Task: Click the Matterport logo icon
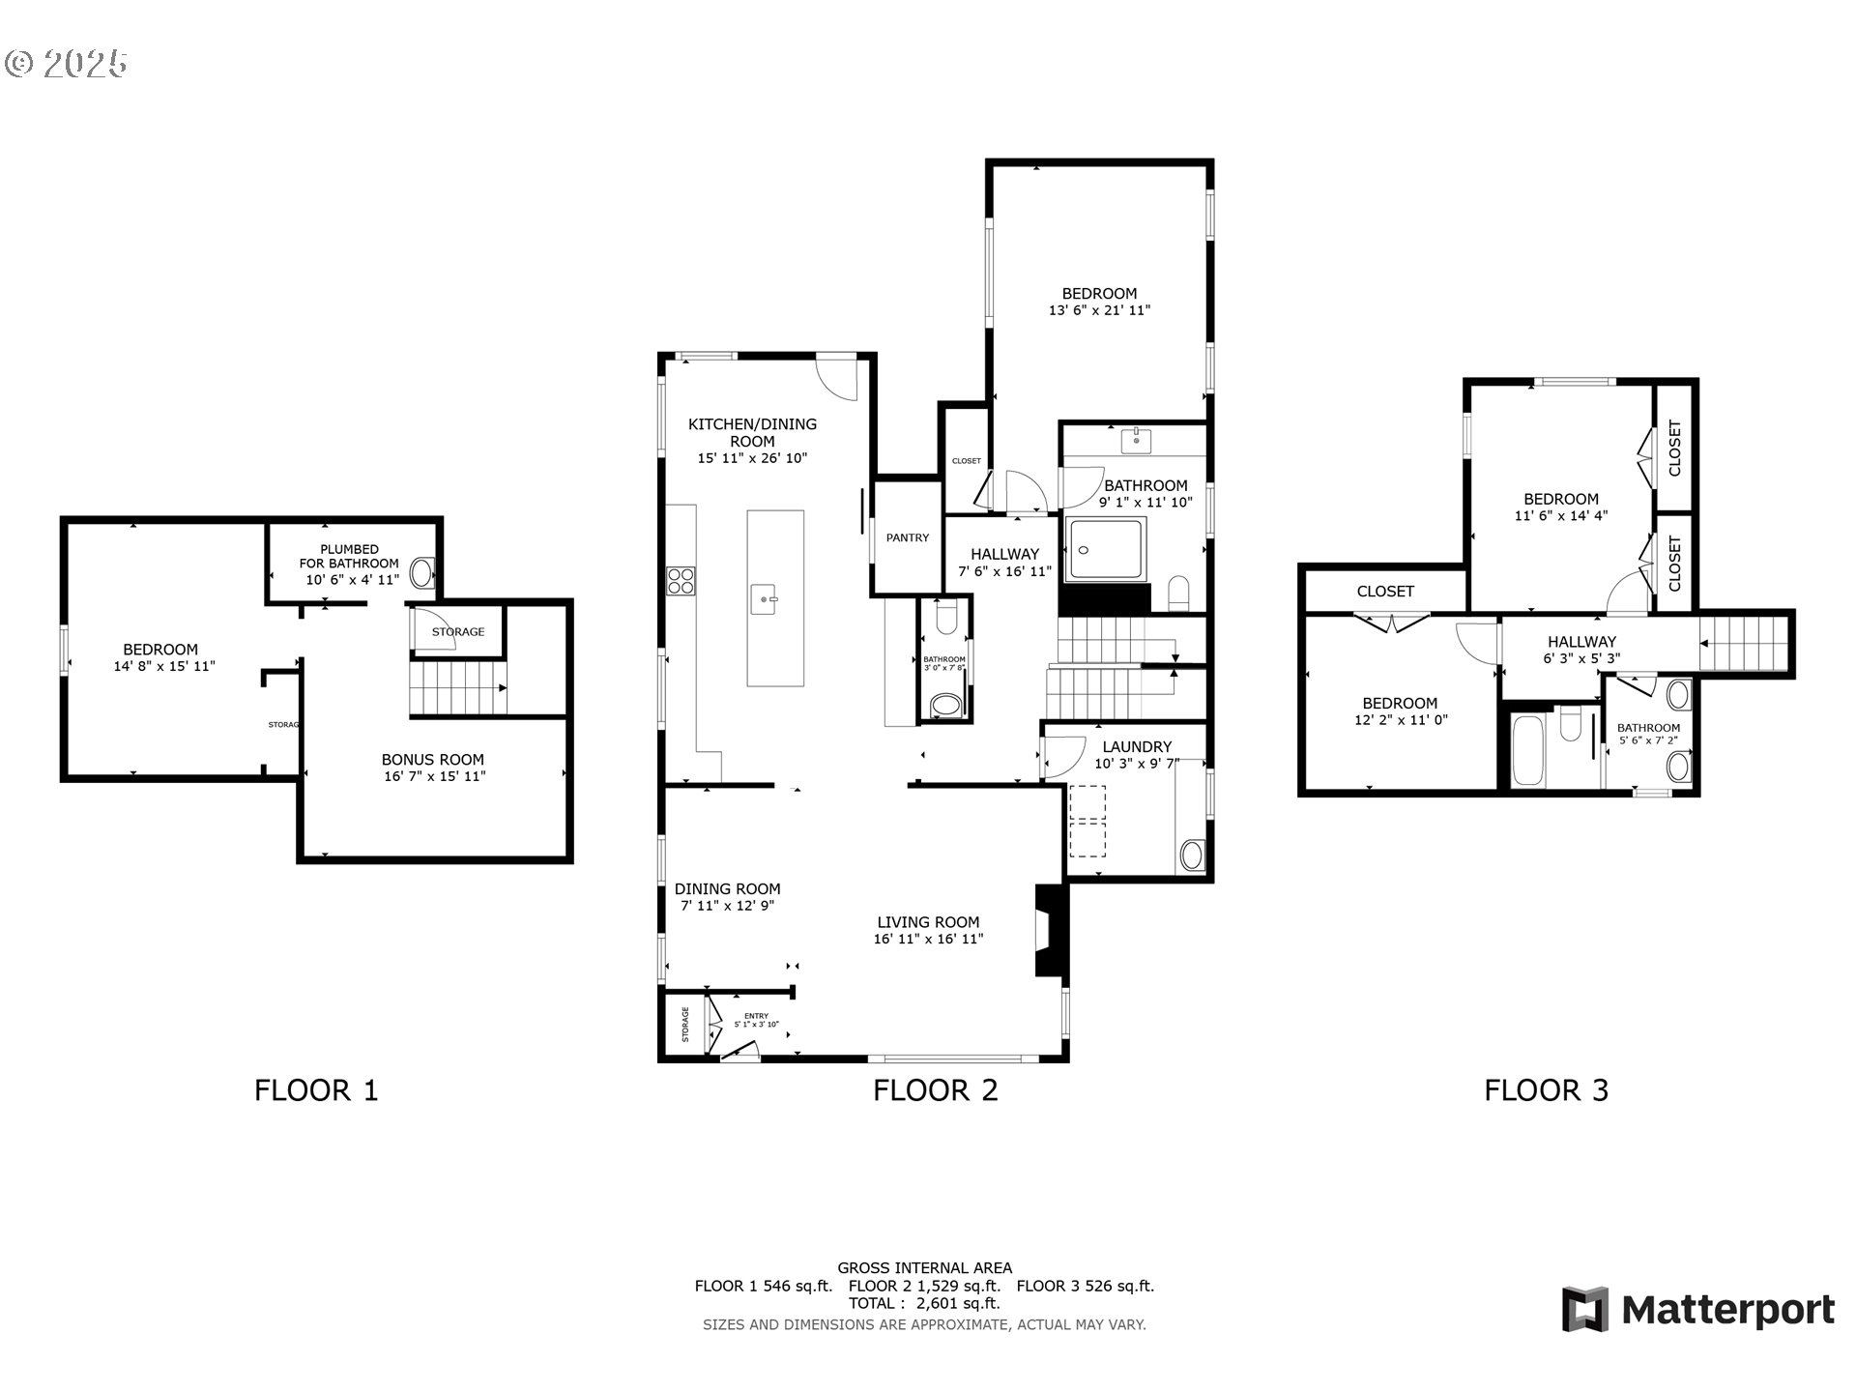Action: point(1585,1309)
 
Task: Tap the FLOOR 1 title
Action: point(316,1090)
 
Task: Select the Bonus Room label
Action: point(432,760)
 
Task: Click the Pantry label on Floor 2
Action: point(908,537)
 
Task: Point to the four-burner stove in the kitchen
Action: point(681,580)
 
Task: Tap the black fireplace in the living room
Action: point(1050,930)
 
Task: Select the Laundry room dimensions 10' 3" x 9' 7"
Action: point(1137,764)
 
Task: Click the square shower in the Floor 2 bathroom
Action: point(1105,550)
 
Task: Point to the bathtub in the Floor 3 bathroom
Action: point(1528,750)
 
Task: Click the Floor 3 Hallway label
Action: point(1581,641)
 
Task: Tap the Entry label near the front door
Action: point(756,1016)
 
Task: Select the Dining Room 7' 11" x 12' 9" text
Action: point(727,906)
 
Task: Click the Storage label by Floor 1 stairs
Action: point(457,631)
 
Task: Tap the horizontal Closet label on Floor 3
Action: point(1385,591)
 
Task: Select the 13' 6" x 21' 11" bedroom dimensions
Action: point(1099,310)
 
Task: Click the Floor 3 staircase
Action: point(1745,644)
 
